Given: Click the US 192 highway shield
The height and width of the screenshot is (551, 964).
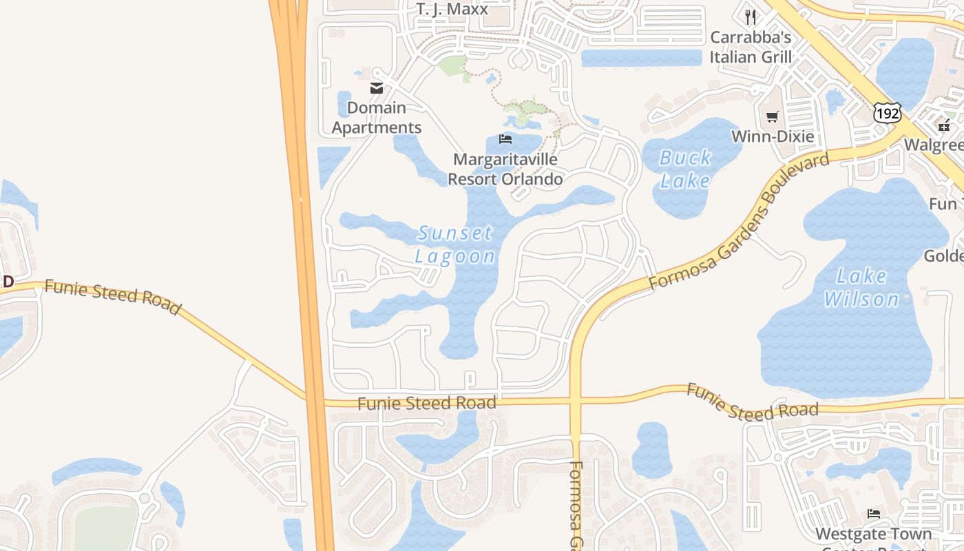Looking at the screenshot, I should coord(887,113).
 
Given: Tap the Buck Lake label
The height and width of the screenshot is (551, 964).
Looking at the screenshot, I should coord(685,169).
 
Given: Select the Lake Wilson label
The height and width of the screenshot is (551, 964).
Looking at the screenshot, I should coord(861,288).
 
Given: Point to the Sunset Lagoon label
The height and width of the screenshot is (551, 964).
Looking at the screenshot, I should coord(455,245).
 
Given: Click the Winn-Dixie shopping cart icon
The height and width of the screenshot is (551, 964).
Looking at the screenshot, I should coord(773,117).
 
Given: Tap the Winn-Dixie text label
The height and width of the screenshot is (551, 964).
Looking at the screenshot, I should coord(773,136).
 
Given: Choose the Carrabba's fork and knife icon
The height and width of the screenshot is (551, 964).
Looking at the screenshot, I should coord(751,17).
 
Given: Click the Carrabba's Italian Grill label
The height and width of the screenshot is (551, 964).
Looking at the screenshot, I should coord(751,47).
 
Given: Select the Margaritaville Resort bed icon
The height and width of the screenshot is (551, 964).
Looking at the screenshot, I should coord(505,139).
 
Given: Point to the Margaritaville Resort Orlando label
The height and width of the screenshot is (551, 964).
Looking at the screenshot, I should coord(505,169).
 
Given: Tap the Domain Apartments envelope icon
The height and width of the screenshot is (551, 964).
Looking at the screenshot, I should coord(376,88).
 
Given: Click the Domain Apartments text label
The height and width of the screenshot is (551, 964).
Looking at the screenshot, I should coord(377,118).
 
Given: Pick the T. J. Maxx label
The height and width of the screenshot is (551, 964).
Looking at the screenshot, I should coord(452,9).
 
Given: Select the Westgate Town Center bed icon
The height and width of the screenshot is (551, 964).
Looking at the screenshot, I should coord(874,514).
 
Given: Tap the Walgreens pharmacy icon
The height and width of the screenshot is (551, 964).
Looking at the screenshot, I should coord(943,125).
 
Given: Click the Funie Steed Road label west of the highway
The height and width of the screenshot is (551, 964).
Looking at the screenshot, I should coord(112,297).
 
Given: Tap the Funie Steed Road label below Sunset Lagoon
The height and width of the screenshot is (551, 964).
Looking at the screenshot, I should coord(427,403).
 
